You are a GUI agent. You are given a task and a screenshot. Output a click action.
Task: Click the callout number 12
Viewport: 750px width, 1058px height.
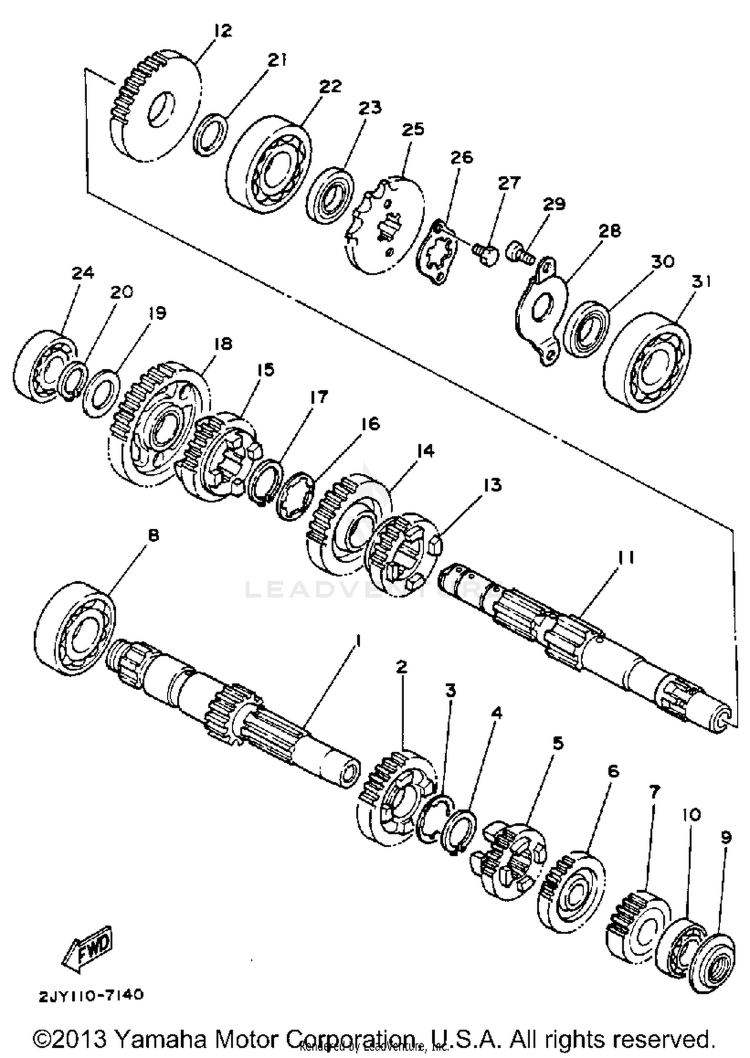[x=222, y=31]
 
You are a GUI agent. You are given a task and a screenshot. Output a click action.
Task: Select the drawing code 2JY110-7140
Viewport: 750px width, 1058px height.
[x=91, y=995]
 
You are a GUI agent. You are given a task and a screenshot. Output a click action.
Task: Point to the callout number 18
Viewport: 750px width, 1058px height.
[x=223, y=343]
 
